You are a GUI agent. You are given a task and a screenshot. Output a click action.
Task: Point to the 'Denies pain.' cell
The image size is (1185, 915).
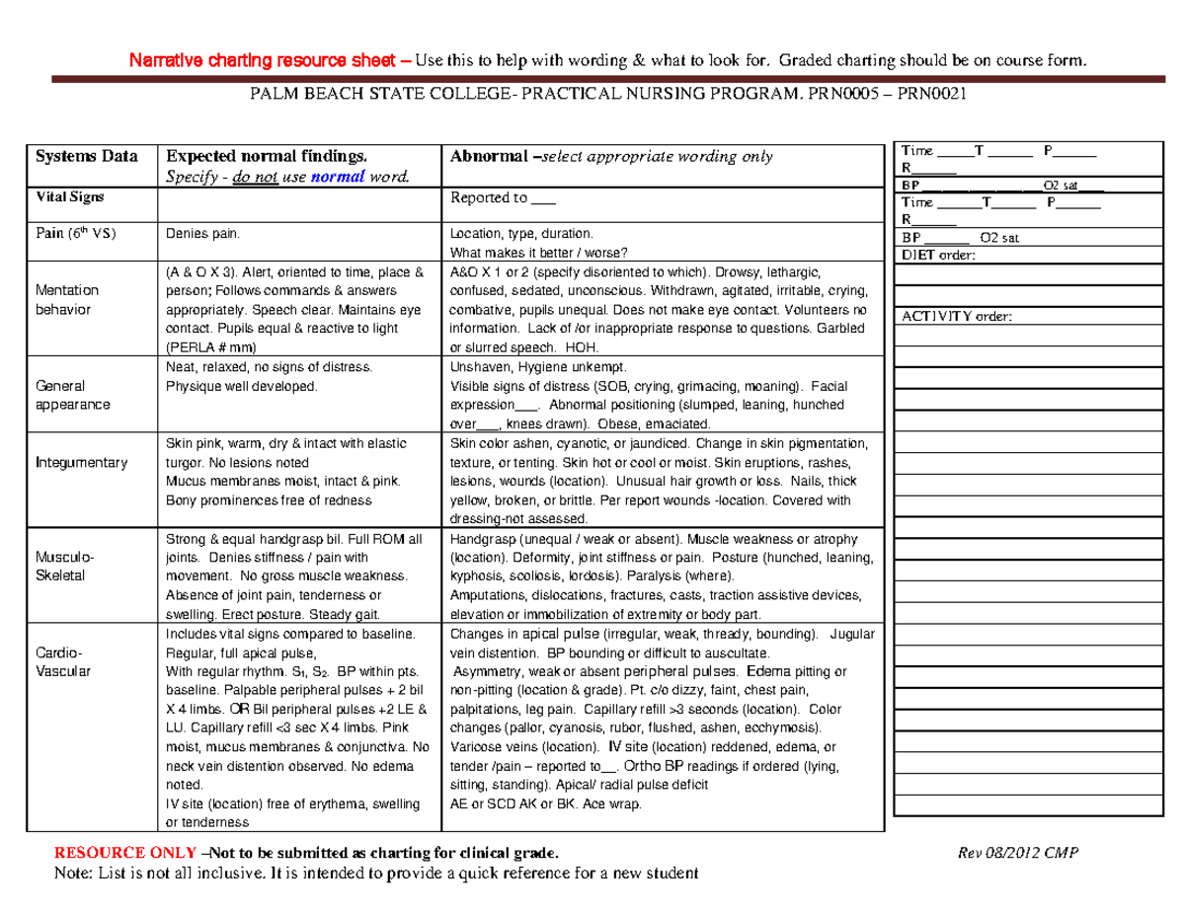click(201, 234)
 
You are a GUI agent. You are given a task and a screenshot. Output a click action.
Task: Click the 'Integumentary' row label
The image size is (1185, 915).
click(81, 462)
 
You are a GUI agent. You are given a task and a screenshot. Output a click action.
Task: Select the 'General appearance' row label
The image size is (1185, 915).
click(72, 396)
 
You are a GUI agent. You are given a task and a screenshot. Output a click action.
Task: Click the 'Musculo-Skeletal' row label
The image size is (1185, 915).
click(60, 566)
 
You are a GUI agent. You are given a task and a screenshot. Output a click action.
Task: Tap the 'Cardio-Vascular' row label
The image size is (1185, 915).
click(63, 661)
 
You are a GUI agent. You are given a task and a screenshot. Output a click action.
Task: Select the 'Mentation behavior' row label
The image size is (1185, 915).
click(67, 300)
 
